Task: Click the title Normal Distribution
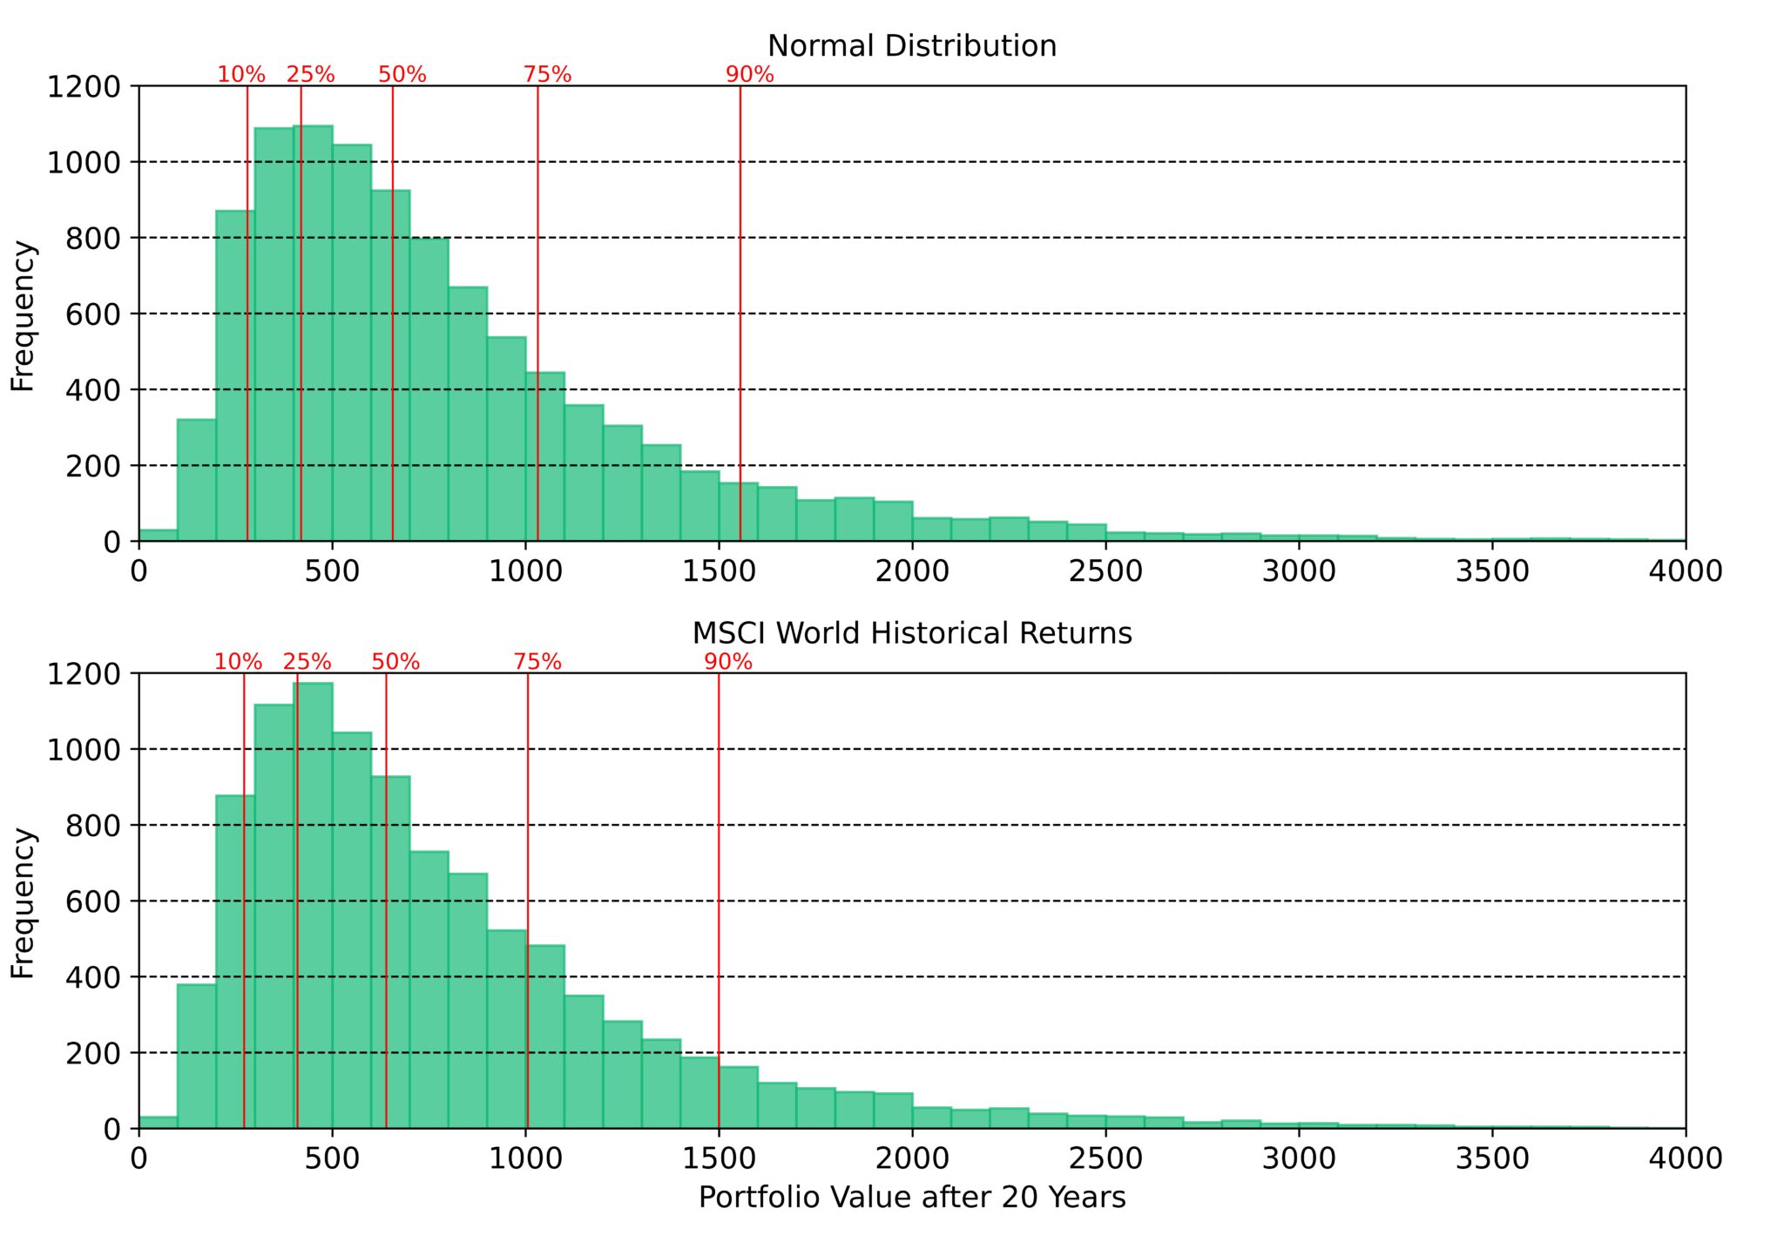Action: (x=911, y=45)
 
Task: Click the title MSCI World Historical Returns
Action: (x=911, y=632)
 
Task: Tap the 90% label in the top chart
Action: (x=749, y=75)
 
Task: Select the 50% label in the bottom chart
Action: (x=395, y=662)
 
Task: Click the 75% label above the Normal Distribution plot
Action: (x=547, y=75)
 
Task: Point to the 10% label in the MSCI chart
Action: (x=238, y=662)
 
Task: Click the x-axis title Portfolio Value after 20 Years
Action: (x=911, y=1198)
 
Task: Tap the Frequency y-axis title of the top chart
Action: (x=23, y=315)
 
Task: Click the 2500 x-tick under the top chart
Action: (x=1105, y=571)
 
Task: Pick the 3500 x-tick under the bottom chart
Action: (x=1491, y=1158)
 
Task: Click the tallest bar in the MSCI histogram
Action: (x=313, y=906)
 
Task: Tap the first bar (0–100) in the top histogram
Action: (x=158, y=536)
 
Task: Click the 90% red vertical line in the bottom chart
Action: (x=719, y=871)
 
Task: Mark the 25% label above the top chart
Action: (x=310, y=75)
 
